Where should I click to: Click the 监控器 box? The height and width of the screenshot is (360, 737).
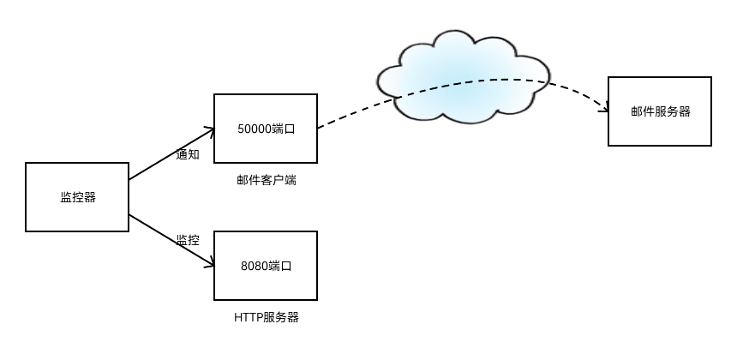[77, 197]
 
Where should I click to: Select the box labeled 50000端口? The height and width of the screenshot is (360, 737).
[266, 129]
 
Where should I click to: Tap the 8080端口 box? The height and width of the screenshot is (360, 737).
[266, 266]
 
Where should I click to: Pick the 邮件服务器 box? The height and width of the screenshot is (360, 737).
[660, 111]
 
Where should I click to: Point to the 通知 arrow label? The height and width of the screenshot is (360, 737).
[188, 156]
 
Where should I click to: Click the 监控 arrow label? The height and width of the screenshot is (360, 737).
[188, 240]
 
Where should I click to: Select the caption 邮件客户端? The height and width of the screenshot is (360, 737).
[267, 181]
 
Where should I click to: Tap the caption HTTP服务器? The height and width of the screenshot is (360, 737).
[267, 318]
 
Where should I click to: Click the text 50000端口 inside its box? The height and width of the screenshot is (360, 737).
[266, 129]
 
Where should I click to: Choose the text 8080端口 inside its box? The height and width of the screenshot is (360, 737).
[267, 266]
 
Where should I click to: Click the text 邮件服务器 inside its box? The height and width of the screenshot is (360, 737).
[660, 111]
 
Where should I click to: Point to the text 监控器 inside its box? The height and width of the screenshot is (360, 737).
[77, 197]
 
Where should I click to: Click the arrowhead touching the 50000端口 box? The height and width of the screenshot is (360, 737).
[208, 131]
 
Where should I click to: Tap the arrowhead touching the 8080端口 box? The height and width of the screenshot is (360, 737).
[208, 263]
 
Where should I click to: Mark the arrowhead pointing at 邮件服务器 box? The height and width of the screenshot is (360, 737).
[602, 106]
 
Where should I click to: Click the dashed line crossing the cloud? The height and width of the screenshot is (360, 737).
[463, 85]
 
